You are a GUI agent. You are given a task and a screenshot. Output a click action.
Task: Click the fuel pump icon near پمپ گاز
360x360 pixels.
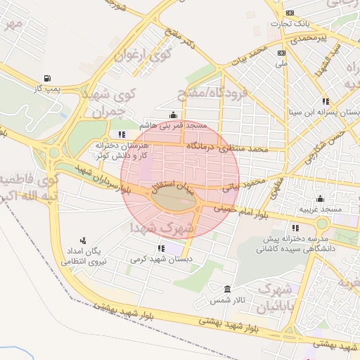46,78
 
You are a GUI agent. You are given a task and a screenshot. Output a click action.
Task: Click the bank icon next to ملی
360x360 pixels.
282,53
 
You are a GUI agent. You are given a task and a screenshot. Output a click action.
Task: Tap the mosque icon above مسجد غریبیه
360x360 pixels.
320,199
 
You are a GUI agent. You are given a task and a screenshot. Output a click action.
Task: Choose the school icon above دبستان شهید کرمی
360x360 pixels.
161,248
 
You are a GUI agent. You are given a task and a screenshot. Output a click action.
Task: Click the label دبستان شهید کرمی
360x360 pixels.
161,259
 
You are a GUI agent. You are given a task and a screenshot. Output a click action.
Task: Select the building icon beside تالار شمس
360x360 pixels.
227,289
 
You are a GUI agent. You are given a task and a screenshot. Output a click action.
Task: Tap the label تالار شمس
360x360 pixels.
227,300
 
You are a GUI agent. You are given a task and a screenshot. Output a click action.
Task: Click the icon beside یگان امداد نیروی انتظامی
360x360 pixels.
83,240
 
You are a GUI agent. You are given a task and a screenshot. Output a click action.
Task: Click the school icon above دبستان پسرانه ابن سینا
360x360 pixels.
325,101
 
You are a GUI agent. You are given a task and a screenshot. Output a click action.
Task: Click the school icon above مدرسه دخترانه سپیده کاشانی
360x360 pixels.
295,228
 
